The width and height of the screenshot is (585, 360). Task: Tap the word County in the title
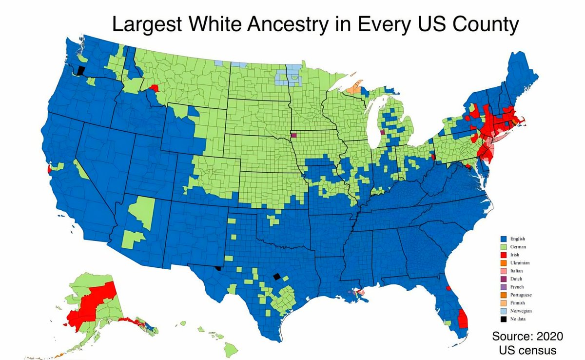[x=482, y=24]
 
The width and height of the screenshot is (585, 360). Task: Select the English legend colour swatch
[x=504, y=239]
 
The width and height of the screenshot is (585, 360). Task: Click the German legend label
[x=518, y=247]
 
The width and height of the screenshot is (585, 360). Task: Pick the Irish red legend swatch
[x=504, y=255]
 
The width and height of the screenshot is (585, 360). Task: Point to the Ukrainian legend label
[x=520, y=263]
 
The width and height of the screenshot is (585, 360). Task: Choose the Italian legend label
[x=517, y=271]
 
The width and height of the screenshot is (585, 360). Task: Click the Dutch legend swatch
[x=504, y=279]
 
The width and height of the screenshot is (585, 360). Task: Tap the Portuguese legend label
[x=521, y=295]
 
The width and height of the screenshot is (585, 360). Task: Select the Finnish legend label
[x=518, y=303]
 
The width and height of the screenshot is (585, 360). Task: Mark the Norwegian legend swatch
[x=504, y=311]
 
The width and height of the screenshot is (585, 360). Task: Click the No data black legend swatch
[x=504, y=319]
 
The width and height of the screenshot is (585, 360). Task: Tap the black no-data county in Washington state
[x=80, y=71]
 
